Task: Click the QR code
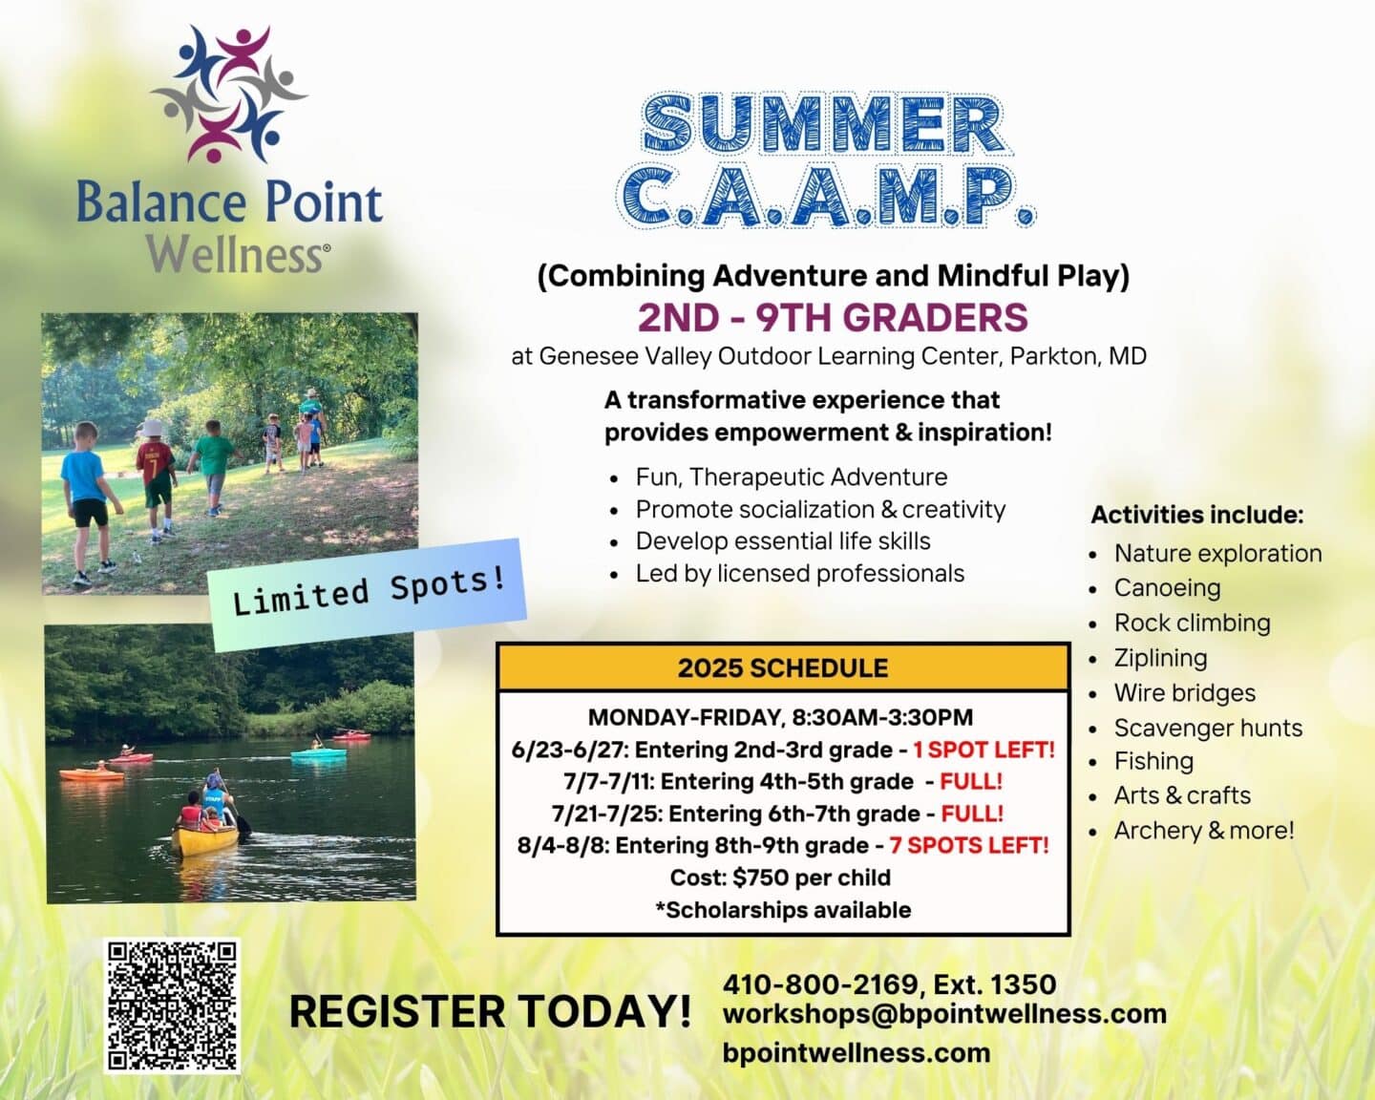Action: pos(172,1005)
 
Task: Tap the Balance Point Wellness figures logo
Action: pos(229,94)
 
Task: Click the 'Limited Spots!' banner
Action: pos(368,594)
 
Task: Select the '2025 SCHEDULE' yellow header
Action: pos(782,667)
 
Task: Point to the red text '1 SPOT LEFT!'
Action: pos(984,750)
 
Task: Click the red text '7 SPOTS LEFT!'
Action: pos(968,845)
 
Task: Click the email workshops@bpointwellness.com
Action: pos(944,1014)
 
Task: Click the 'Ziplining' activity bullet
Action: pos(1160,658)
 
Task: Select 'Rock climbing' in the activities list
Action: pos(1192,624)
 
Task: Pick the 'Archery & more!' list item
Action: pos(1203,831)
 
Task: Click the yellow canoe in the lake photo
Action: pos(204,839)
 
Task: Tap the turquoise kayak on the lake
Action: pos(319,754)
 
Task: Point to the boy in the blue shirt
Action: pos(85,497)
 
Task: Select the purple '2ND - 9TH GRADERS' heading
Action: pos(833,317)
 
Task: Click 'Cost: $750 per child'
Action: pos(780,878)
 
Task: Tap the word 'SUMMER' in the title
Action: pos(823,124)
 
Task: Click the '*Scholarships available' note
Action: pos(782,910)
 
